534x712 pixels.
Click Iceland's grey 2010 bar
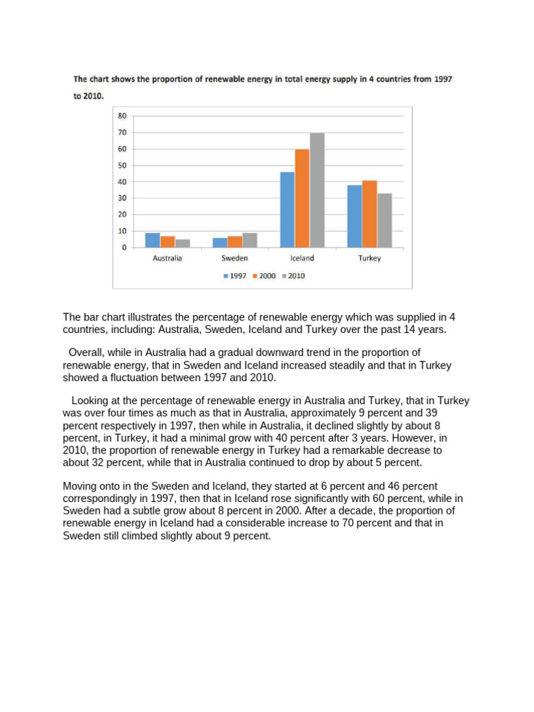click(317, 190)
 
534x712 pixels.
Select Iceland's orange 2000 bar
click(302, 198)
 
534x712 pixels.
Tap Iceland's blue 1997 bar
click(287, 209)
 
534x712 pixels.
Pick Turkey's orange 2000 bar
click(369, 213)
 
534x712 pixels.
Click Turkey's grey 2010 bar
click(385, 220)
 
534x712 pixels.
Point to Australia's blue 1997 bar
click(152, 240)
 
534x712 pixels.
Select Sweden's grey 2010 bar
click(250, 240)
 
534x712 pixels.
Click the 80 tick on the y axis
click(122, 116)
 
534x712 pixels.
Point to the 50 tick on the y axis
click(122, 165)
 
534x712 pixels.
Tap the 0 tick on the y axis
click(124, 248)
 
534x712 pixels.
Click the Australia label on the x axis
click(167, 259)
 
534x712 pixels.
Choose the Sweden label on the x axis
click(234, 259)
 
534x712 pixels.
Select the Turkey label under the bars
click(370, 259)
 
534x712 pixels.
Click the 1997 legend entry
click(234, 276)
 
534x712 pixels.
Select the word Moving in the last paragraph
click(80, 485)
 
